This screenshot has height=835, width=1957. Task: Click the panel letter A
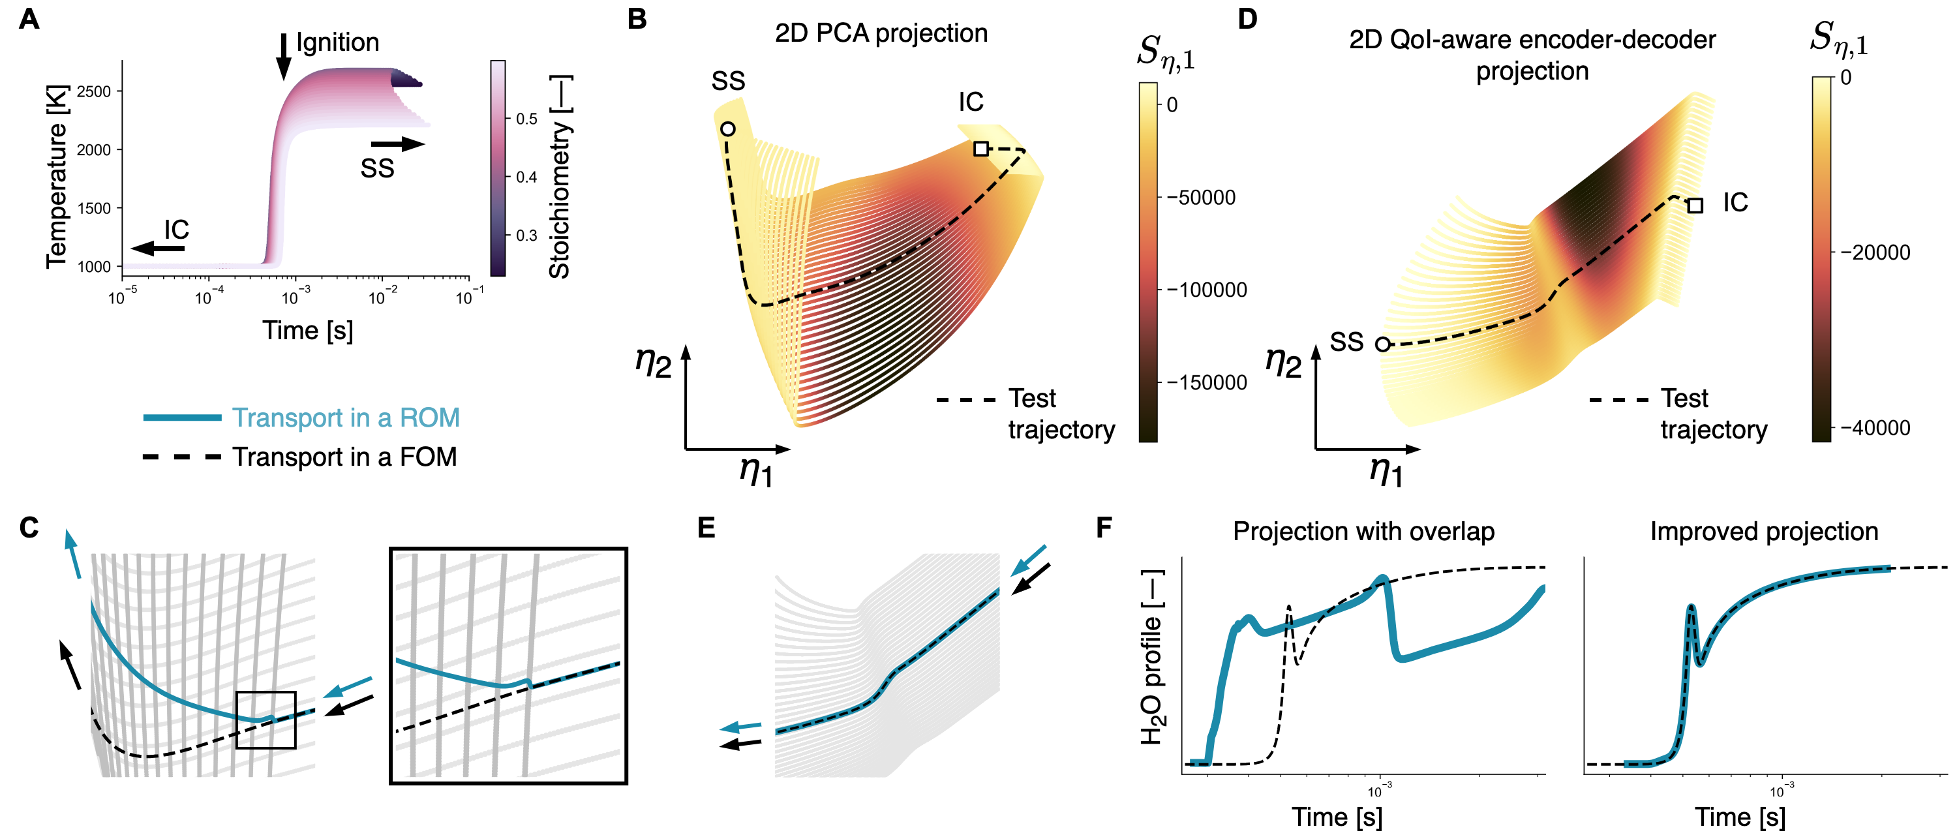[29, 19]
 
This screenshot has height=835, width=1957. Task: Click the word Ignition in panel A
[337, 42]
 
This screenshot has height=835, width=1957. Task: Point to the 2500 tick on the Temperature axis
[94, 92]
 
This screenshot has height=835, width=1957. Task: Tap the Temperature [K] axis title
[57, 176]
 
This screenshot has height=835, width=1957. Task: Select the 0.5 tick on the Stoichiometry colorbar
[526, 119]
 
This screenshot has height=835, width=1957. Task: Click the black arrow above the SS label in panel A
[397, 144]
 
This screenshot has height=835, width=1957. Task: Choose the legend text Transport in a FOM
[344, 457]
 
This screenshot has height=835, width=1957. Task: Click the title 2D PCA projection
[881, 33]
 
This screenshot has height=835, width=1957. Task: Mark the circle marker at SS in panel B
[728, 129]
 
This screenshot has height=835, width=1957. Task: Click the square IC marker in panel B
[980, 149]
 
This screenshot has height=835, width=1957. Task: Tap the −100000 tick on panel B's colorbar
[1206, 290]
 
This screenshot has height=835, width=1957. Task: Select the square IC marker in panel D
[1695, 205]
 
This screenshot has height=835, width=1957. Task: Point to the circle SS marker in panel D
[1383, 344]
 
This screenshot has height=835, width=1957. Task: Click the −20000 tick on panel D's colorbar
[1874, 253]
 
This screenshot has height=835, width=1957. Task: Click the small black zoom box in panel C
[265, 720]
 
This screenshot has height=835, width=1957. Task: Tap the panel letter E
[706, 527]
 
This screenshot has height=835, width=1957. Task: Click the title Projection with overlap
[1363, 532]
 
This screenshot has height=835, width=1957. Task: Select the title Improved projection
[1763, 532]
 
